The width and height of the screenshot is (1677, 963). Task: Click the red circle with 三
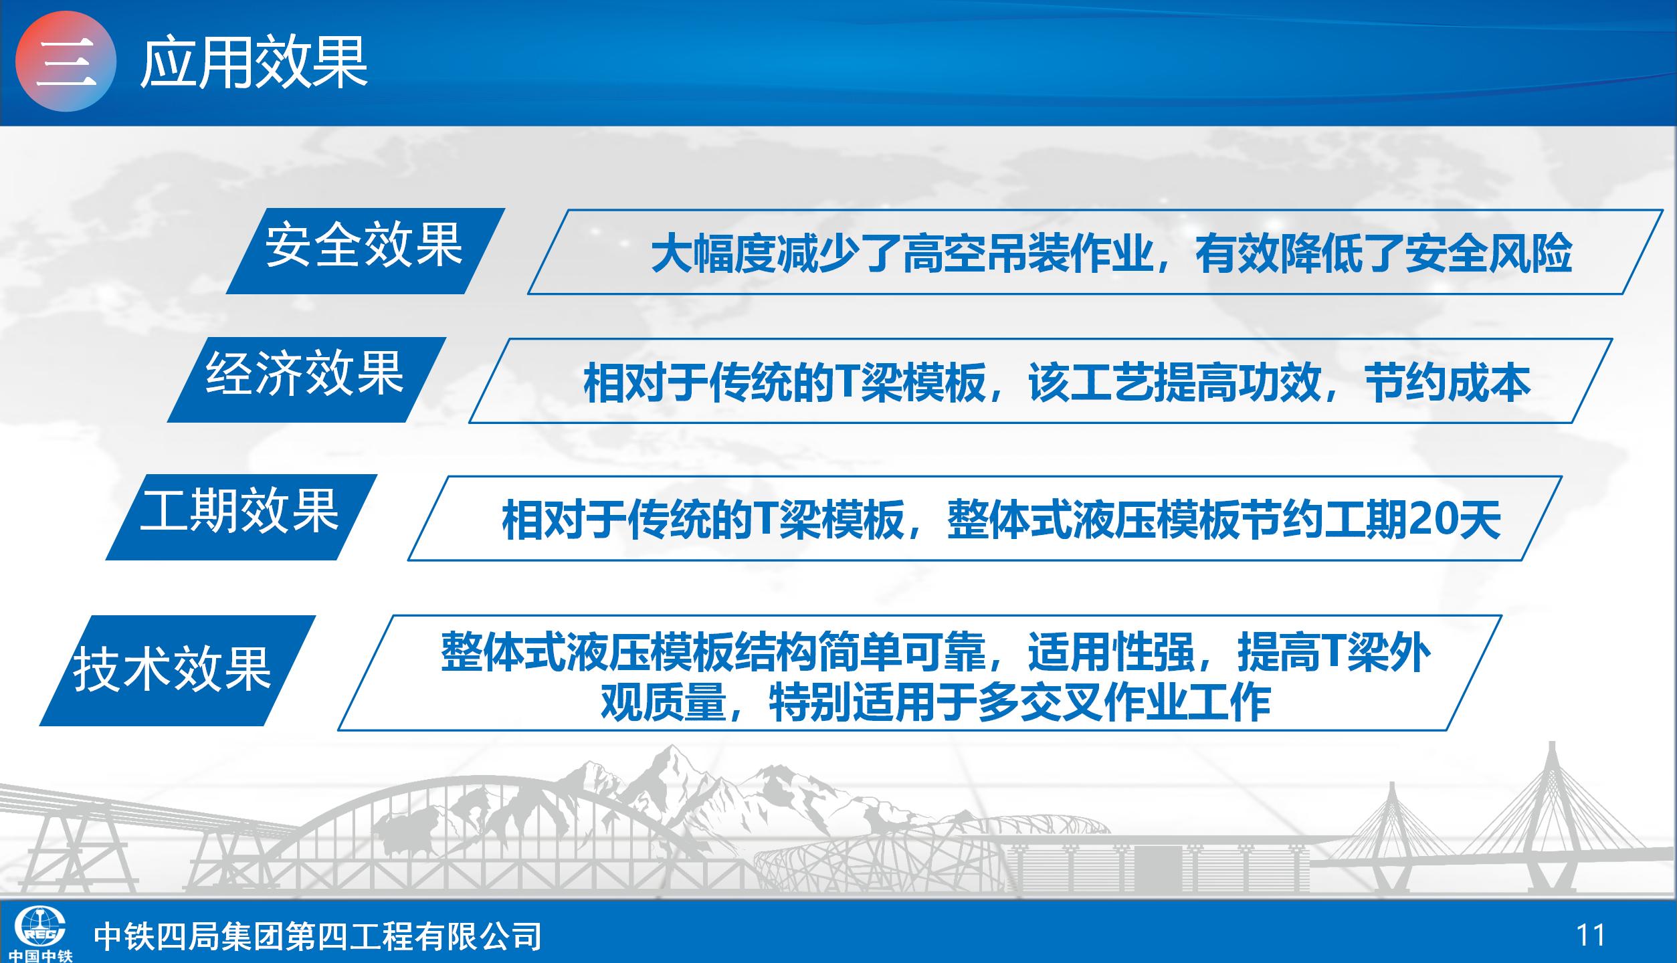66,62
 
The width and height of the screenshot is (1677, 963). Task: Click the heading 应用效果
254,62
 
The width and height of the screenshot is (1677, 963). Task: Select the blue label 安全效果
365,251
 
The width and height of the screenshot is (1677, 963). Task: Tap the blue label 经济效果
306,379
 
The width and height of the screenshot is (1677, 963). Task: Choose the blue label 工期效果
241,517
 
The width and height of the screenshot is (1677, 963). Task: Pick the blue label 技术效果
177,670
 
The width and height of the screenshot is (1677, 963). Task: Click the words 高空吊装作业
1027,254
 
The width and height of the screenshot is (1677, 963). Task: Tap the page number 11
1591,934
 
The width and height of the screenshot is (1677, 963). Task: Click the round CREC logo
40,926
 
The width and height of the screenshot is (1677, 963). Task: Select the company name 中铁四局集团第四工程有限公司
318,936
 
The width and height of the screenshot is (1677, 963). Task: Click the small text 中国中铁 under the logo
41,956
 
